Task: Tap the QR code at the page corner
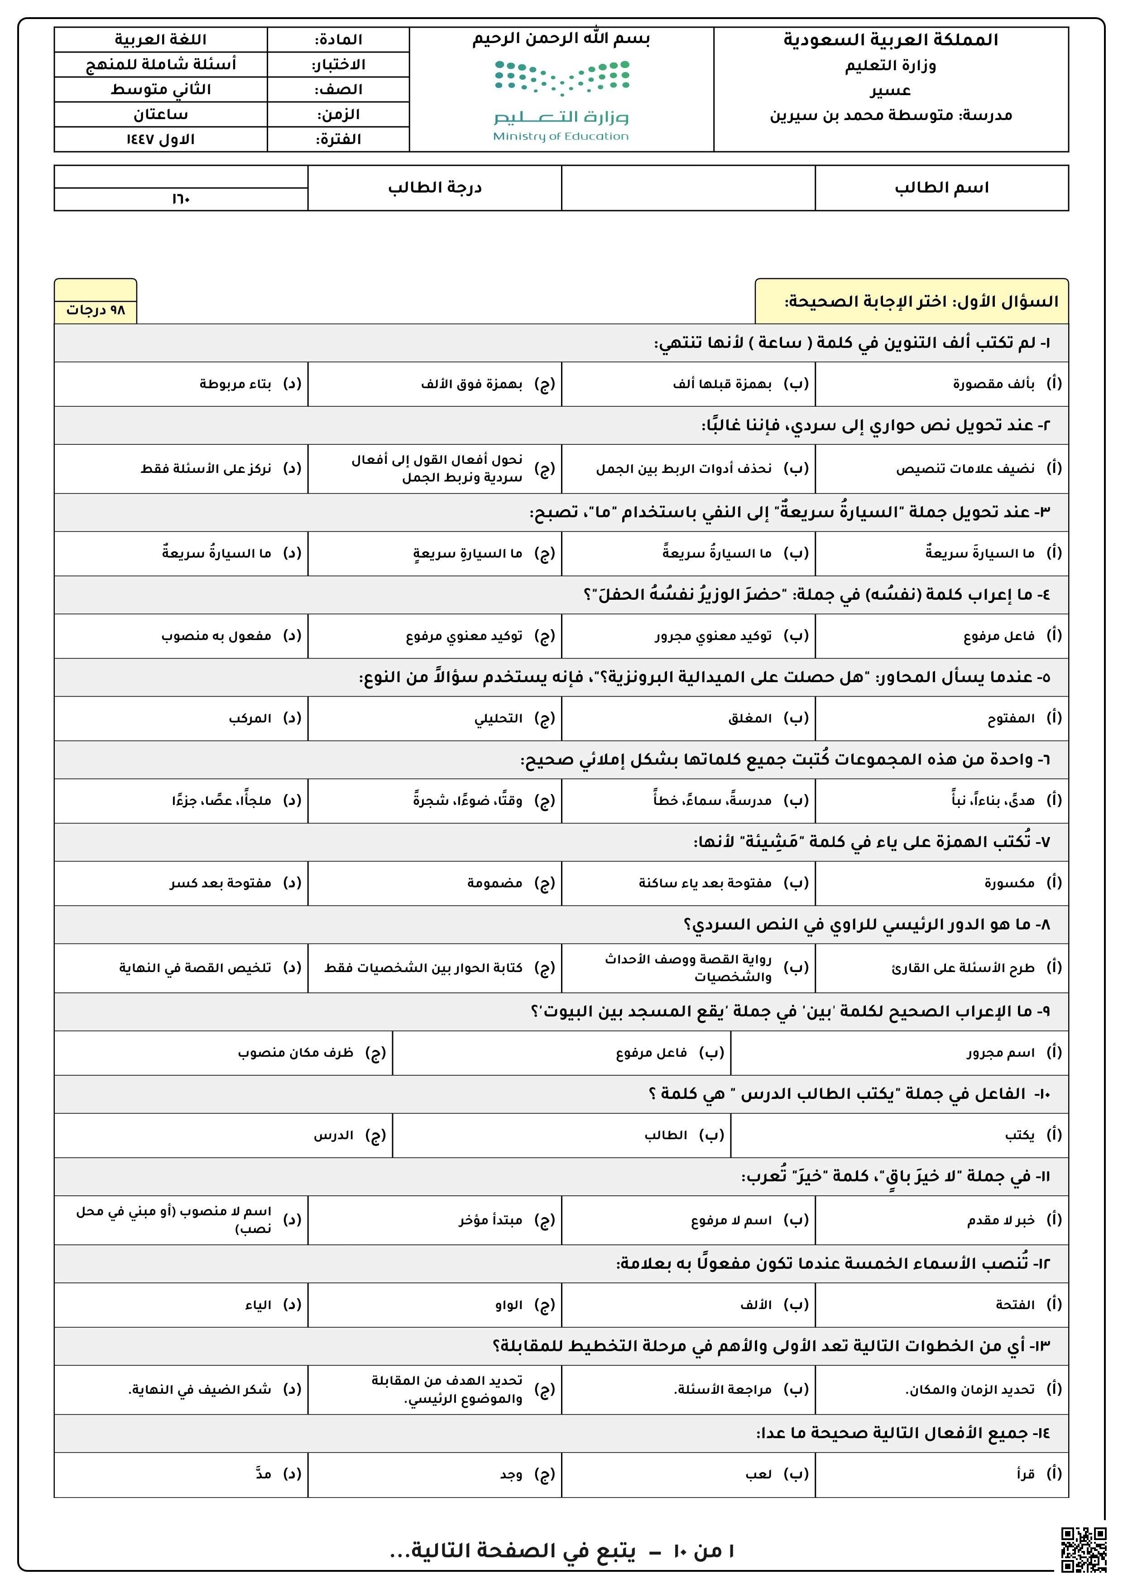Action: point(1084,1550)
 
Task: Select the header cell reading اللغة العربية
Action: point(161,39)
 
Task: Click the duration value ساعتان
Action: point(161,114)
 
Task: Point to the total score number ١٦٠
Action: point(181,199)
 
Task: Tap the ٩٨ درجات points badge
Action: point(96,310)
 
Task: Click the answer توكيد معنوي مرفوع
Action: point(464,636)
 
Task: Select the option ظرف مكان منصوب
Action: point(295,1053)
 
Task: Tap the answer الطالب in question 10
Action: point(666,1135)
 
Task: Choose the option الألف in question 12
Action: point(756,1305)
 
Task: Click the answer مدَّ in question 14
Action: point(263,1474)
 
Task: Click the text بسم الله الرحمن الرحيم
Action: point(561,39)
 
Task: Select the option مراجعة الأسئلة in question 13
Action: point(722,1390)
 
